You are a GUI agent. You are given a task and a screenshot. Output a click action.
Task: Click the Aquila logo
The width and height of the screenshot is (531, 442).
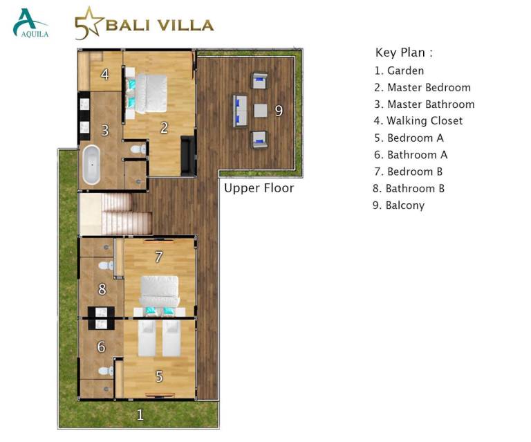pyautogui.click(x=30, y=23)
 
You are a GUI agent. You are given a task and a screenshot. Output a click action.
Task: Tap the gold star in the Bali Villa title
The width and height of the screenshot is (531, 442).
pyautogui.click(x=88, y=21)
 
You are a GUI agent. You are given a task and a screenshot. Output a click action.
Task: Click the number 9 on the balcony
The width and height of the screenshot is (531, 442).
pyautogui.click(x=279, y=111)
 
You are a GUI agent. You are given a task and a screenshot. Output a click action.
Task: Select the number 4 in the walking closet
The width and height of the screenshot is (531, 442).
pyautogui.click(x=104, y=74)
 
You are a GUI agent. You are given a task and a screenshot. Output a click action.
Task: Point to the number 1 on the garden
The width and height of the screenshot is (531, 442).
pyautogui.click(x=140, y=414)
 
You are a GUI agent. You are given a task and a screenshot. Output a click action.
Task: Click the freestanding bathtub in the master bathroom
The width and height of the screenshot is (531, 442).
pyautogui.click(x=91, y=165)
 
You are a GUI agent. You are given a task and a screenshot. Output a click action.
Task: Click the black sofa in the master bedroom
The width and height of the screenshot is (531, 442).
pyautogui.click(x=187, y=156)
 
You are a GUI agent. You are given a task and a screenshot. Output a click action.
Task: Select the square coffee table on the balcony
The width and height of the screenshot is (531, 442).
pyautogui.click(x=261, y=111)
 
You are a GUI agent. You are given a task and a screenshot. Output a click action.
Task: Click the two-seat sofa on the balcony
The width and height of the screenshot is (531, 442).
pyautogui.click(x=240, y=111)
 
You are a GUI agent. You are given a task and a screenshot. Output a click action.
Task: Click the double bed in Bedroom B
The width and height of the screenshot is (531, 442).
pyautogui.click(x=160, y=294)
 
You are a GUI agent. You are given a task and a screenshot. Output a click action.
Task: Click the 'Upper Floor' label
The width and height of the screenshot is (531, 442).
pyautogui.click(x=259, y=188)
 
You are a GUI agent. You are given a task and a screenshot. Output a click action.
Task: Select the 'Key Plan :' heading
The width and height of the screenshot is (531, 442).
pyautogui.click(x=404, y=53)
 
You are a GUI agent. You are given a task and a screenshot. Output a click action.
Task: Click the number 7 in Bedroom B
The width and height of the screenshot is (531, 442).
pyautogui.click(x=158, y=257)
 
